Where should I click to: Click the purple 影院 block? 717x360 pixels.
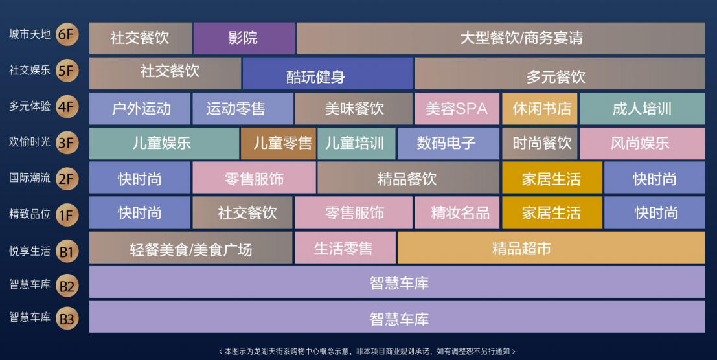point(244,38)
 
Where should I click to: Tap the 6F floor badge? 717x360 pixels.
point(67,35)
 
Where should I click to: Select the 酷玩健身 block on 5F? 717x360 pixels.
point(327,74)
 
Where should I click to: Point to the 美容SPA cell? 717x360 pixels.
point(457,109)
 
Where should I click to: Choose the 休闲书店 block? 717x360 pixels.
point(540,109)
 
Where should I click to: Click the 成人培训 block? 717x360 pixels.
point(642,109)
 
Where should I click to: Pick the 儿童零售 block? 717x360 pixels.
point(279,144)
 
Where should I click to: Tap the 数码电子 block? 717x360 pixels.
point(448,144)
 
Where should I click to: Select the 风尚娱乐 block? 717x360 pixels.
point(642,144)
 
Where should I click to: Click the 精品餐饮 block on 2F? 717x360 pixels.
point(408,177)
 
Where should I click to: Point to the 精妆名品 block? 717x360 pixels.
point(457,212)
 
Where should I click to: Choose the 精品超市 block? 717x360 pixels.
point(551,247)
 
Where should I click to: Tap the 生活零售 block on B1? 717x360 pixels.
point(345,247)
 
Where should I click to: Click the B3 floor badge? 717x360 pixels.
point(67,319)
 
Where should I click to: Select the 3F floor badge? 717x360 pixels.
point(67,143)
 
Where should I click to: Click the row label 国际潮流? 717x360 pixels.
point(30,177)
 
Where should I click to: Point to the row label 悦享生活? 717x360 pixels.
point(30,251)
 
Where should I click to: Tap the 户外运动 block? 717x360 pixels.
point(139,109)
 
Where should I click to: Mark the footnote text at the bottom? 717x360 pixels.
point(367,352)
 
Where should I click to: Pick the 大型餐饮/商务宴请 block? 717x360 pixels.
point(501,38)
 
